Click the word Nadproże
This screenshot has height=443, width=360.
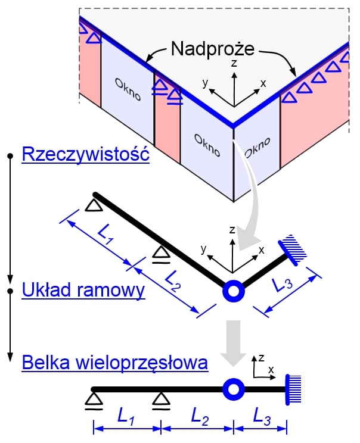point(213,49)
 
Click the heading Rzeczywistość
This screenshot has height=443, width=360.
point(86,154)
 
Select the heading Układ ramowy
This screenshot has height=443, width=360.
point(83,290)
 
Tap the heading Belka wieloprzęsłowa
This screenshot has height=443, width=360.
point(115,363)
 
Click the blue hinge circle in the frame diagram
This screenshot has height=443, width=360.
point(234,291)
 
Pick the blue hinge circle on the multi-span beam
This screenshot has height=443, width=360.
point(234,389)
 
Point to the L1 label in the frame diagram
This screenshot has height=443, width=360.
point(105,236)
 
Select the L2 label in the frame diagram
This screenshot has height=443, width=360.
point(172,281)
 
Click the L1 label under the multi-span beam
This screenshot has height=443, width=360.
point(125,416)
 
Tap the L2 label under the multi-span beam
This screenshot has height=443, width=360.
point(200,416)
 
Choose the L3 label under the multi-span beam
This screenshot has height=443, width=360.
point(262,416)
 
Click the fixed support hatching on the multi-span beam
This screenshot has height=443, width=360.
point(293,389)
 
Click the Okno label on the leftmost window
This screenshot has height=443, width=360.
point(128,89)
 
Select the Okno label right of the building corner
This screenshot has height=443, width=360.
point(257,148)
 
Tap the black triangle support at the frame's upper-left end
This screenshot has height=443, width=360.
point(94,205)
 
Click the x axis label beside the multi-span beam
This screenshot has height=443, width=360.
point(271,369)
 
